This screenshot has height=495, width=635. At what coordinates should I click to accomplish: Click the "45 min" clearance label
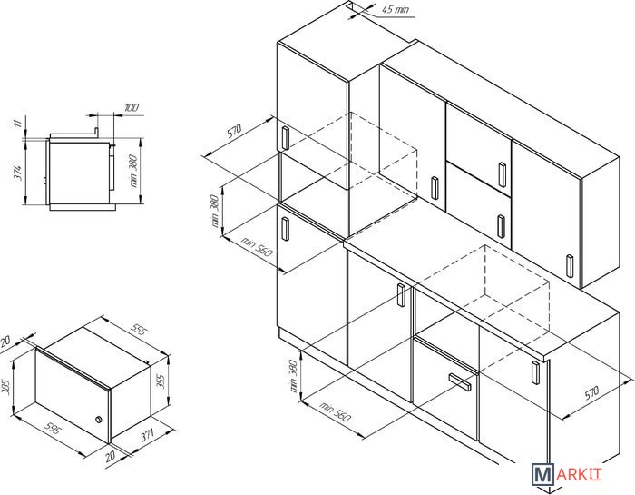coord(396,9)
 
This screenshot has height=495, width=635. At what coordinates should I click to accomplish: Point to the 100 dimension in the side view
coord(132,107)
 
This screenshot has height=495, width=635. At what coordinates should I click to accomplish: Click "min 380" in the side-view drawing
coord(133,172)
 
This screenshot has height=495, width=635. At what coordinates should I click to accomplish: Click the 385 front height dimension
coord(6,387)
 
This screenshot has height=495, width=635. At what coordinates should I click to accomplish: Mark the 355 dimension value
coord(161,381)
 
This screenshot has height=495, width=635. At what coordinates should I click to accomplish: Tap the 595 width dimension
coord(53,428)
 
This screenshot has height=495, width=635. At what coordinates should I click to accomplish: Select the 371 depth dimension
coord(147,436)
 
